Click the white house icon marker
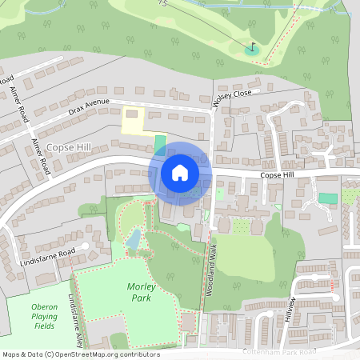coord(180,172)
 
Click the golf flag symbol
coord(254,48)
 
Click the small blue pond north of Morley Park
coord(134,238)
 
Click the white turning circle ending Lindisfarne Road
coord(85,246)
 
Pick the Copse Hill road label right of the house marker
coord(278,175)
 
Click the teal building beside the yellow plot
coord(161,144)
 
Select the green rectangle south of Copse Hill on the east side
coord(327,198)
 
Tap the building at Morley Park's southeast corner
coord(189,322)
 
